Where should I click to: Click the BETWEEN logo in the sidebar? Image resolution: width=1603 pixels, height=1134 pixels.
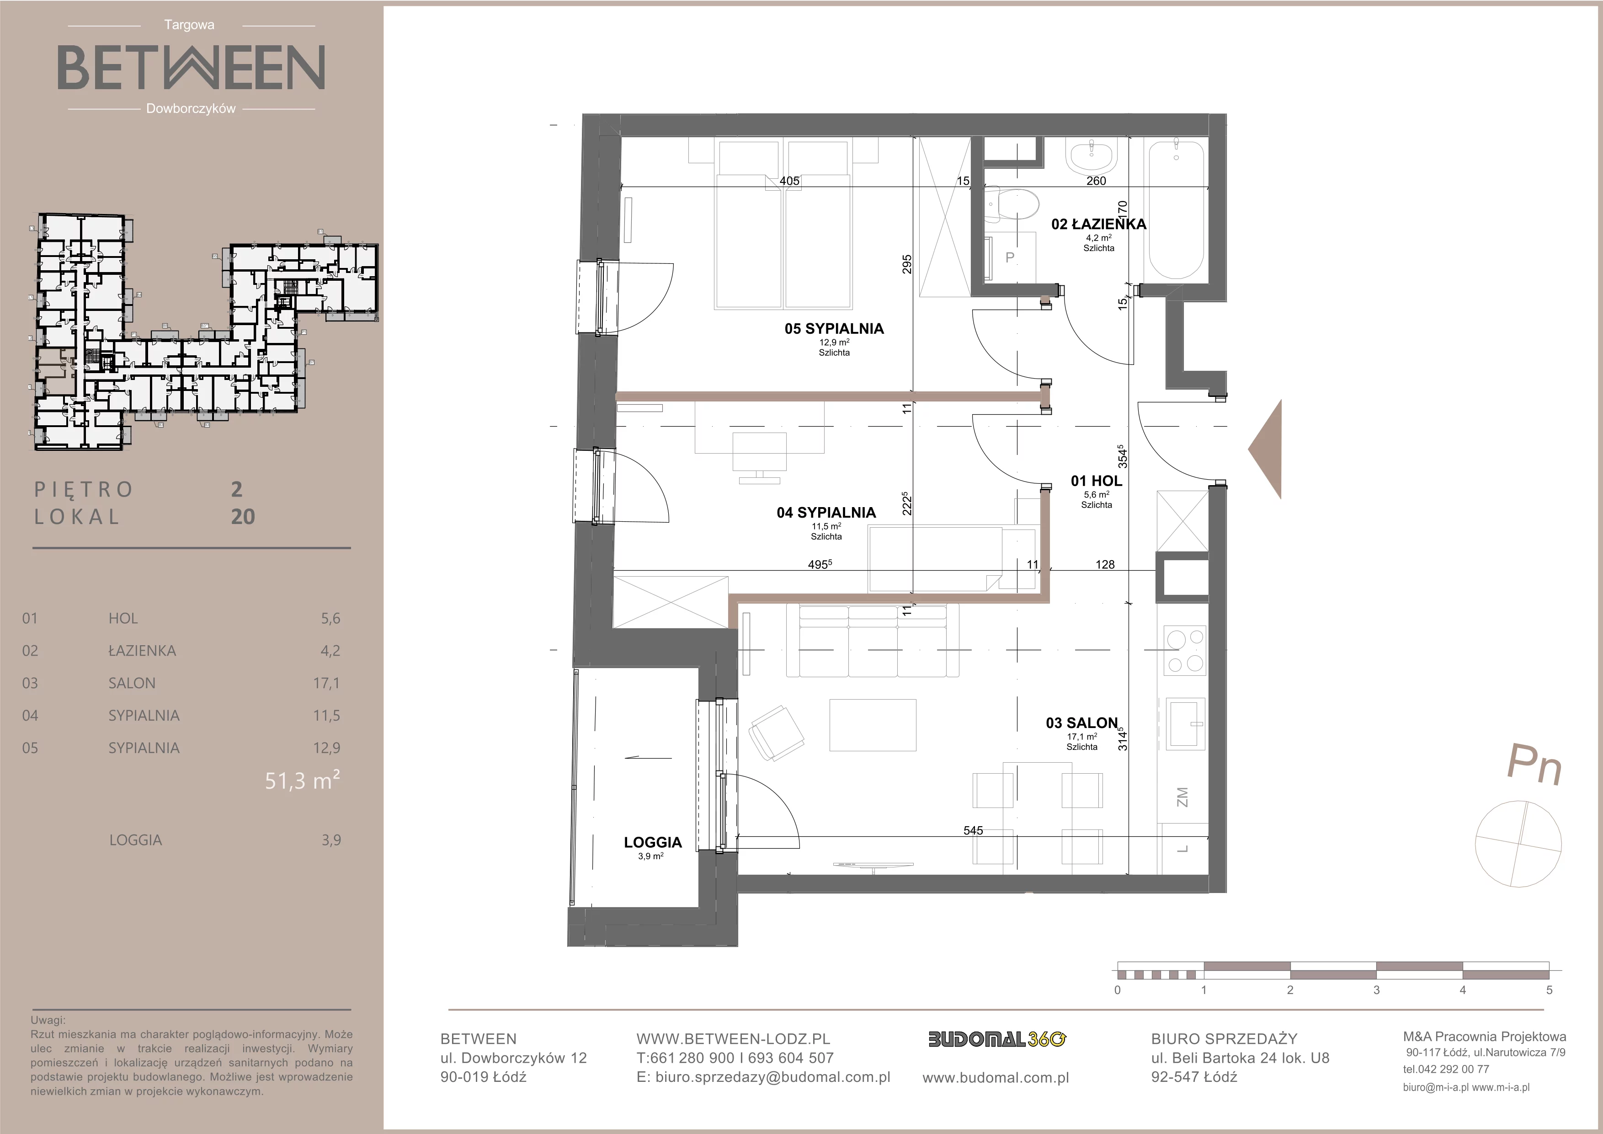[x=191, y=67]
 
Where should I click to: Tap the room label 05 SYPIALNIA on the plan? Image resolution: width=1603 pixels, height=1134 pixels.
[x=834, y=329]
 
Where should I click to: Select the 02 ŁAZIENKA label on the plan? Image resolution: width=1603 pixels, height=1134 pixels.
[x=1099, y=224]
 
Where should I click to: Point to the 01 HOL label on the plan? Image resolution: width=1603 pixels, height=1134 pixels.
[x=1096, y=481]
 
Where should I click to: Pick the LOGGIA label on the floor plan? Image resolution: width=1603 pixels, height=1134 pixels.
[x=653, y=842]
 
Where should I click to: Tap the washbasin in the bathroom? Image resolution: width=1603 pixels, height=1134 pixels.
[x=1094, y=158]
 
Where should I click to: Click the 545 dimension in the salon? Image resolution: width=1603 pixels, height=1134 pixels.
[x=973, y=830]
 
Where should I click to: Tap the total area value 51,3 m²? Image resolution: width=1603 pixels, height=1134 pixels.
[x=302, y=781]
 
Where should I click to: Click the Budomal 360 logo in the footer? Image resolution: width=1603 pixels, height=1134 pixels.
[x=996, y=1040]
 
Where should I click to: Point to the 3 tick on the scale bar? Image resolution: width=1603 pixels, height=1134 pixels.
[x=1376, y=990]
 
